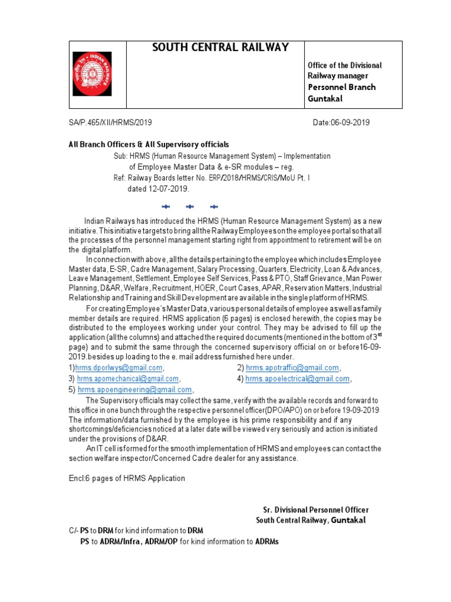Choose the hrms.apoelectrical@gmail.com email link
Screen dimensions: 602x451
[297, 379]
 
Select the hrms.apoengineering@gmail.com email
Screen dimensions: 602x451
[134, 389]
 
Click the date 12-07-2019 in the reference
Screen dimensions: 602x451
[168, 189]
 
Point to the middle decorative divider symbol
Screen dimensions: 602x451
[189, 206]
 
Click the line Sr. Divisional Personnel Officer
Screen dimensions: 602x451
[315, 510]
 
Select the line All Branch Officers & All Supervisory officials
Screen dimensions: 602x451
[149, 144]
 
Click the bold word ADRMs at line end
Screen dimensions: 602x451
[267, 541]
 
